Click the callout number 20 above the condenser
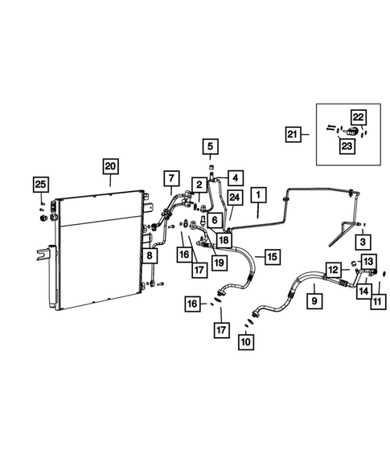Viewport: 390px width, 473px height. coord(109,167)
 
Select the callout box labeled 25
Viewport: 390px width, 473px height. coord(39,186)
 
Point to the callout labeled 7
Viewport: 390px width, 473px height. coord(170,177)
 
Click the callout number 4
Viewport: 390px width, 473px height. coord(236,177)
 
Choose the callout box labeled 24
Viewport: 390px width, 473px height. coord(234,198)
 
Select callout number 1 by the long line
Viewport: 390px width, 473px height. coord(258,194)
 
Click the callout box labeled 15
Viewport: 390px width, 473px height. coord(272,257)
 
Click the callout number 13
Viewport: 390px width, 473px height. coord(367,263)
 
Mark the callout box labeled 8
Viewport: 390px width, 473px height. coord(150,256)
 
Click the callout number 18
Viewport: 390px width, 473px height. coord(223,239)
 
